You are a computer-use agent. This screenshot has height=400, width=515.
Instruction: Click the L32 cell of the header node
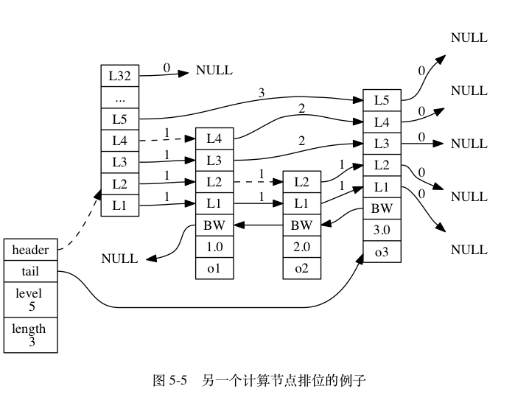(x=120, y=76)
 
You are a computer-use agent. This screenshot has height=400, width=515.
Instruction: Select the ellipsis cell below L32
(x=120, y=97)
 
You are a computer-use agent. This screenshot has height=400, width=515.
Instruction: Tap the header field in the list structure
(x=30, y=250)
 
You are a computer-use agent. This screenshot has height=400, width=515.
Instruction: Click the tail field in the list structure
(x=30, y=271)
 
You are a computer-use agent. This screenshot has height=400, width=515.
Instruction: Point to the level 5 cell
(x=30, y=300)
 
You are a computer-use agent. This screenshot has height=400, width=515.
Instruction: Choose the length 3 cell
(x=30, y=335)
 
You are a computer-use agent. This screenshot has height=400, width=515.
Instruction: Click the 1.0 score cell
(x=214, y=247)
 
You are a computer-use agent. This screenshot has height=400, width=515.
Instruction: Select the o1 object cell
(x=214, y=268)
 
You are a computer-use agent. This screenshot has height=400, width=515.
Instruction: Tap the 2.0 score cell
(x=302, y=247)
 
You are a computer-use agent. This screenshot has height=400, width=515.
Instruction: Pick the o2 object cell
(x=302, y=268)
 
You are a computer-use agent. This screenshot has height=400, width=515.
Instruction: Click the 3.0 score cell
(x=382, y=230)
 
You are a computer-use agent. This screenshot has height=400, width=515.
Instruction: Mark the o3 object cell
(x=382, y=251)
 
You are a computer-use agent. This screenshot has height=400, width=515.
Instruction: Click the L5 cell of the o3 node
(x=382, y=100)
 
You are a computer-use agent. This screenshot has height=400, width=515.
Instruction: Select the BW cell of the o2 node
(x=302, y=225)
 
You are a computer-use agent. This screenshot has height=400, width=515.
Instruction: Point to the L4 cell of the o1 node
(x=214, y=138)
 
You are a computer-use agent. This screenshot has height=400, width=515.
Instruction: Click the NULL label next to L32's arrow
(x=214, y=70)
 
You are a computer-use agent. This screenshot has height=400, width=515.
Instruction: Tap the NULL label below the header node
(x=119, y=259)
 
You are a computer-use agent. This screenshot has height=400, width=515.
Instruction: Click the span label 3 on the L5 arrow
(x=261, y=93)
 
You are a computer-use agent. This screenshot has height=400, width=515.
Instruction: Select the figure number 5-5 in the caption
(x=178, y=381)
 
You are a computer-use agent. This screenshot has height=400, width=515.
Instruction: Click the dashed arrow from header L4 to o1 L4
(x=167, y=139)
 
